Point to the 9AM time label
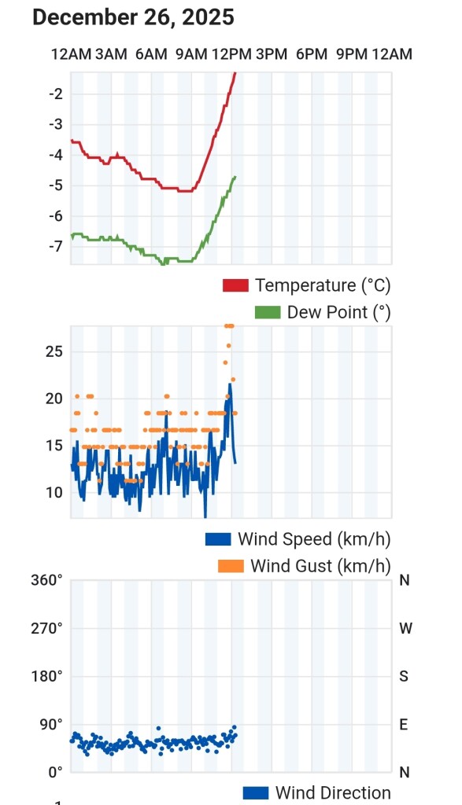pyautogui.click(x=192, y=54)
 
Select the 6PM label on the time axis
pyautogui.click(x=312, y=54)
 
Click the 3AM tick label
pyautogui.click(x=111, y=54)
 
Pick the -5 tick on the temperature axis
pyautogui.click(x=56, y=186)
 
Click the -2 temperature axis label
pyautogui.click(x=56, y=94)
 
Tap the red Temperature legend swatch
pyautogui.click(x=235, y=285)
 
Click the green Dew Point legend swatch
pyautogui.click(x=268, y=313)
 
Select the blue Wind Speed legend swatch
pyautogui.click(x=219, y=539)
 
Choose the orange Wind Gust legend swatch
pyautogui.click(x=231, y=566)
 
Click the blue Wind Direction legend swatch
pyautogui.click(x=256, y=793)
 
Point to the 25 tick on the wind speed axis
pyautogui.click(x=54, y=351)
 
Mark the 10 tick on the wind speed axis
pyautogui.click(x=54, y=493)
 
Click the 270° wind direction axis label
pyautogui.click(x=46, y=628)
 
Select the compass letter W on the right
pyautogui.click(x=405, y=628)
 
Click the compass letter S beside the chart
pyautogui.click(x=404, y=676)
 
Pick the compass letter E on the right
pyautogui.click(x=404, y=724)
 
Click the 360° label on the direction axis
pyautogui.click(x=46, y=580)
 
